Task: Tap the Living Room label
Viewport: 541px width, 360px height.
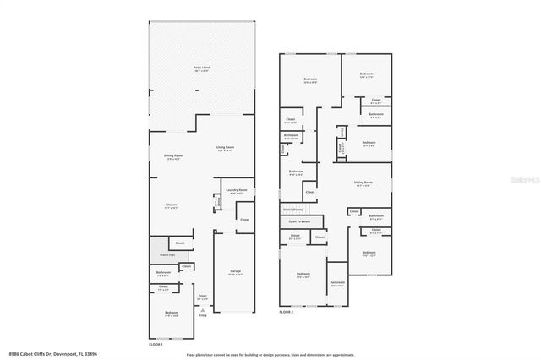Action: [225, 149]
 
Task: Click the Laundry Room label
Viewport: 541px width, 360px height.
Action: [237, 191]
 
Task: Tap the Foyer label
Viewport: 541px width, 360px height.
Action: [203, 297]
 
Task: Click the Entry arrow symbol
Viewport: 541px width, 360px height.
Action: [203, 311]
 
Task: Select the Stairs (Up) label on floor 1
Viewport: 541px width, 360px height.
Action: [167, 254]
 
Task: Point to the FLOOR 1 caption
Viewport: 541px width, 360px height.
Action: [156, 345]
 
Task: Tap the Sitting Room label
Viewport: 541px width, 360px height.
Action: [363, 183]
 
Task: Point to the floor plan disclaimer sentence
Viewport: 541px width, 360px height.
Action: [270, 354]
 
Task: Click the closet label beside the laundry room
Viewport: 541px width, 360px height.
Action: [245, 220]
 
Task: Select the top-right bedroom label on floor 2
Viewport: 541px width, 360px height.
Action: [366, 75]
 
